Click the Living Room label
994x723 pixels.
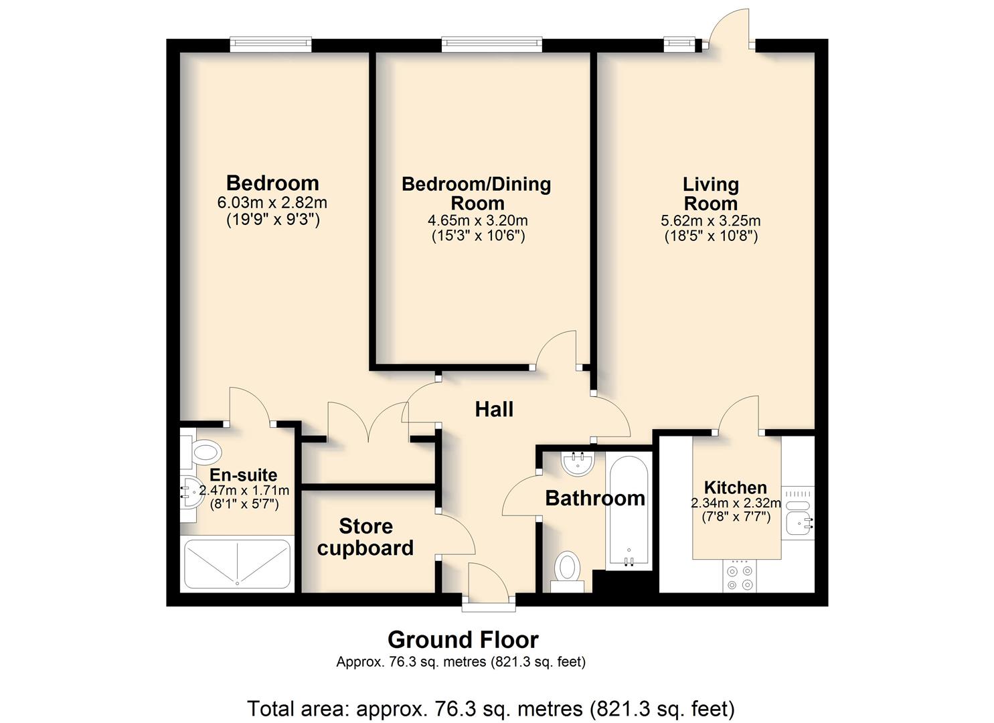[710, 194]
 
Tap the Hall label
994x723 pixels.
[494, 409]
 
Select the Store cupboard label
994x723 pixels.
[365, 537]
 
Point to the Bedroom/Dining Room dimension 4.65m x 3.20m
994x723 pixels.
[477, 220]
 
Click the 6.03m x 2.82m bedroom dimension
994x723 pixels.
[272, 203]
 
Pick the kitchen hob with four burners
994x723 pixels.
[740, 576]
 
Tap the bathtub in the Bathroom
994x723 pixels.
[629, 511]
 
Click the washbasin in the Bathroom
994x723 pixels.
[578, 463]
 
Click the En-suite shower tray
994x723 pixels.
[237, 564]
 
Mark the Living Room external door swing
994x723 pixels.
[729, 27]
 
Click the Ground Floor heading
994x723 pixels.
[463, 640]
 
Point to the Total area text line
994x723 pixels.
[491, 709]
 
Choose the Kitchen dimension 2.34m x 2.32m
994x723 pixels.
[736, 503]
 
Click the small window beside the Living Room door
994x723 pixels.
[679, 43]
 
